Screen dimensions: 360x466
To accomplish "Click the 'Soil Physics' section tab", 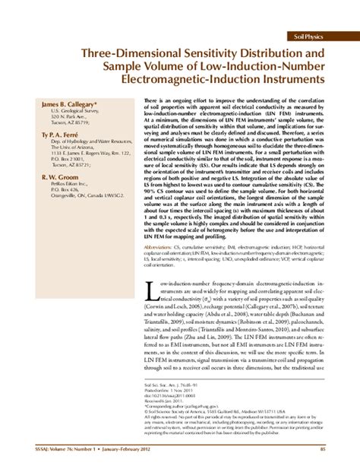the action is point(311,36).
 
